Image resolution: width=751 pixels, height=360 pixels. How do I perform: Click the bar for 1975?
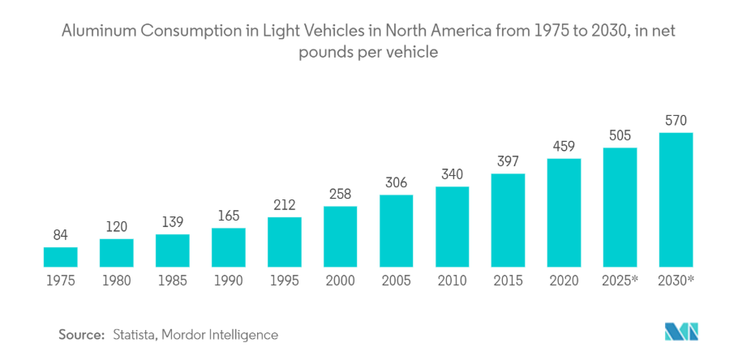[x=60, y=257]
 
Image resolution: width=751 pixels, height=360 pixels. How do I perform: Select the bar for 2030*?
[x=676, y=199]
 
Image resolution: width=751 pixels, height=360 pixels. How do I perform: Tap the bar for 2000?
[x=340, y=237]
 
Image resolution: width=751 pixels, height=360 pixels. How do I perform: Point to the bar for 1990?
[x=228, y=246]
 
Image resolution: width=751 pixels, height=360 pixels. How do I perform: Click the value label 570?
[x=676, y=121]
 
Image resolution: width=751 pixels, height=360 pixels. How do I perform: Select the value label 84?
[x=60, y=236]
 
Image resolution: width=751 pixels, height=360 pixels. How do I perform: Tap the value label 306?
[x=396, y=182]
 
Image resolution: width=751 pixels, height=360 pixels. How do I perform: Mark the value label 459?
[x=564, y=147]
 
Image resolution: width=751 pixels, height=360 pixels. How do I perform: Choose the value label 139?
[x=172, y=222]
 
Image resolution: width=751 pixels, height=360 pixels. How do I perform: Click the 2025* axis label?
[x=620, y=280]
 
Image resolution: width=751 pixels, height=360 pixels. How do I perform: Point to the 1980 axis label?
[x=116, y=280]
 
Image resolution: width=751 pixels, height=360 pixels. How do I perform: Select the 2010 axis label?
[x=452, y=280]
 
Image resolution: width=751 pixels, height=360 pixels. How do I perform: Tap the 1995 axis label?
[x=284, y=280]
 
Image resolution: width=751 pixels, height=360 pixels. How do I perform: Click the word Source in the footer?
[x=81, y=334]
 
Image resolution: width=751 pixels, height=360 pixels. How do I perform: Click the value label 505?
[x=620, y=135]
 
